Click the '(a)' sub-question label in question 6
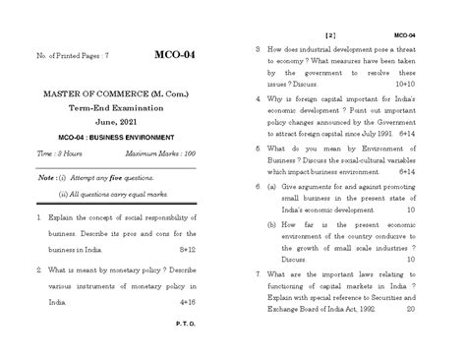click(270, 185)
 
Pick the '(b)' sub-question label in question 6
click(270, 224)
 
